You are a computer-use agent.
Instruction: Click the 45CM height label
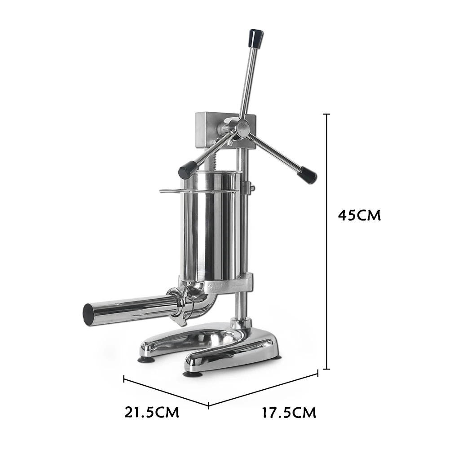pyautogui.click(x=359, y=216)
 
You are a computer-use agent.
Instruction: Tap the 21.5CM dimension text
pyautogui.click(x=152, y=413)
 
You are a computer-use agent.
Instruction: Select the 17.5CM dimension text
pyautogui.click(x=289, y=413)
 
